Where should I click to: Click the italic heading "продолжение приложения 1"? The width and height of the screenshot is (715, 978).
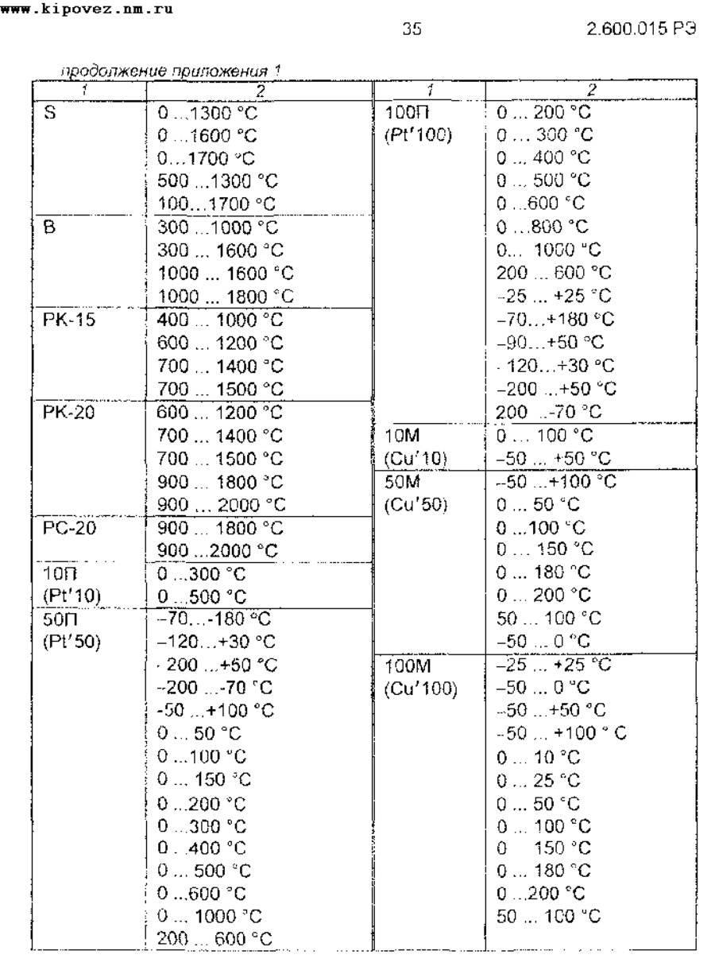(129, 72)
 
